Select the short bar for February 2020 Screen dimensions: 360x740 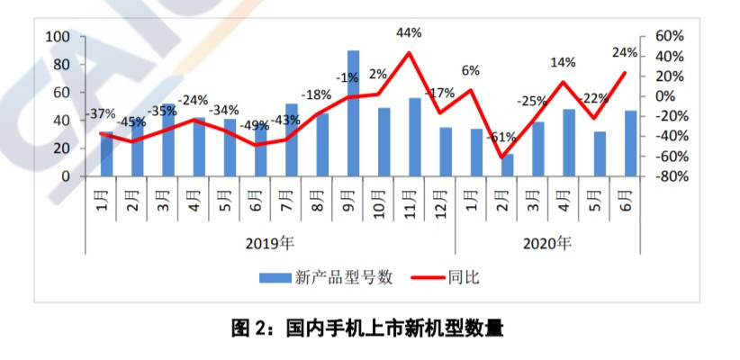[x=508, y=166]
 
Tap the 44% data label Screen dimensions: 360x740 [x=410, y=32]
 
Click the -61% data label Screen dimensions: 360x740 [x=501, y=138]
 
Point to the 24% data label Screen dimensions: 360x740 [x=624, y=51]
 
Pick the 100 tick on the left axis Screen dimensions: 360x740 [x=59, y=37]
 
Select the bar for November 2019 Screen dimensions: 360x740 [x=414, y=137]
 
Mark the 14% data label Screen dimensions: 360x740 [x=563, y=63]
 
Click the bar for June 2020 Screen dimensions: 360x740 [x=630, y=143]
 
